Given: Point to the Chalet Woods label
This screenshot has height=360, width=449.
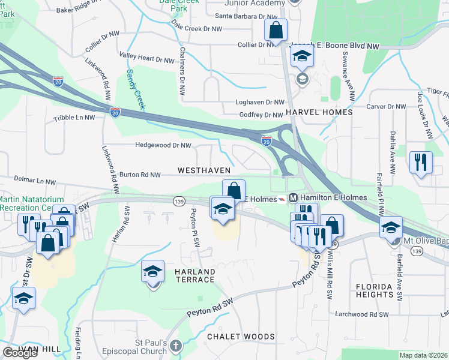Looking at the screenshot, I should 241,337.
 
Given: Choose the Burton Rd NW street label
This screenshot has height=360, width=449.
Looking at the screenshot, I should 140,175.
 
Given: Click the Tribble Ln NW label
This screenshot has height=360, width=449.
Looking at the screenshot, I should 74,118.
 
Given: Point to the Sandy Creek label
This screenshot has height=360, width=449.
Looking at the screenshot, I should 135,89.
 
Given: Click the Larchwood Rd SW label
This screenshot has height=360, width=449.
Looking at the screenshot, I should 362,314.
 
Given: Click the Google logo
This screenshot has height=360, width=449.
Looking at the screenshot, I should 20,353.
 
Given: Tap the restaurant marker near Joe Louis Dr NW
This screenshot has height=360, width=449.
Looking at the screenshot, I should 421,161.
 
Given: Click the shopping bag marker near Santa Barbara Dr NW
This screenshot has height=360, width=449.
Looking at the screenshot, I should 276,29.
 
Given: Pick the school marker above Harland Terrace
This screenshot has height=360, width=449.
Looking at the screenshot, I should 152,272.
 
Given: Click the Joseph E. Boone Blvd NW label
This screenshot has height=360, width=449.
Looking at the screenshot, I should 336,46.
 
